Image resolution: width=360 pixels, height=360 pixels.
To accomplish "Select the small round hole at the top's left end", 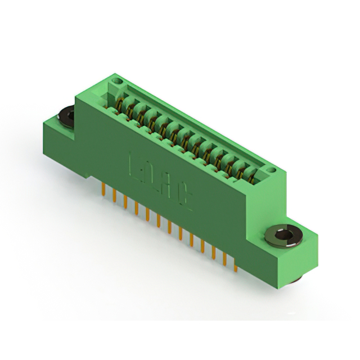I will point(117,82).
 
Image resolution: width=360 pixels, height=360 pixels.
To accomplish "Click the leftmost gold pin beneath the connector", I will point(103,188).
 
